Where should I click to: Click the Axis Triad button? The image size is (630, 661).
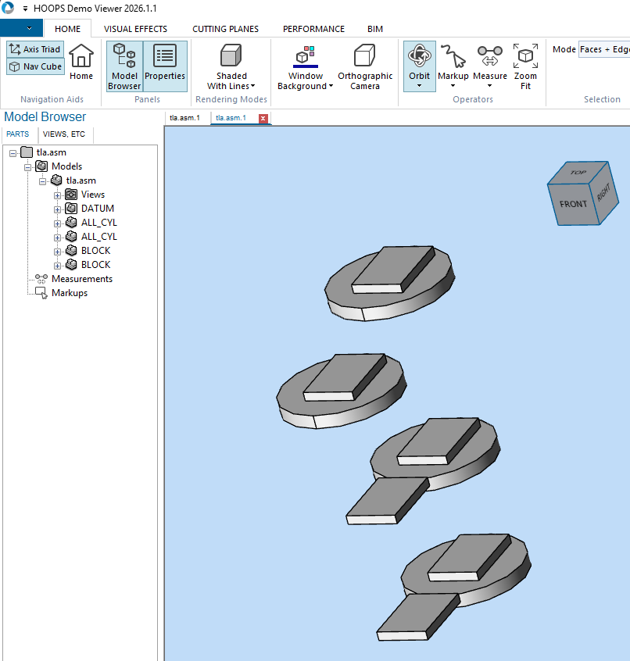pos(35,49)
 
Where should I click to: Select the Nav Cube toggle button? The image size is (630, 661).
pos(35,66)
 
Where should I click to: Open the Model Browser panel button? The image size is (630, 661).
pos(124,66)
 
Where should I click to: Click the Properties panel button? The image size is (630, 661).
pos(165,66)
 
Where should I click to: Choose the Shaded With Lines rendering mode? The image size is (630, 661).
pos(231,66)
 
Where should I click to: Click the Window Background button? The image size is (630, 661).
pos(305,66)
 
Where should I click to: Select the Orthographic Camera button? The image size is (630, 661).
pos(365,66)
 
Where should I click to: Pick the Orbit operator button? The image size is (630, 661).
pos(420,66)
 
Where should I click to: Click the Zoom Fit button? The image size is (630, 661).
pos(525,66)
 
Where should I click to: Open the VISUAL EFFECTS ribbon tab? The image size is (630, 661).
pos(135,29)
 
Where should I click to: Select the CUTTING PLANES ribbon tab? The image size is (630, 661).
pos(225,29)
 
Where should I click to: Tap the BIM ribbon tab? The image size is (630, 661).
pos(375,29)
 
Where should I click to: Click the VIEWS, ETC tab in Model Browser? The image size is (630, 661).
pos(64,134)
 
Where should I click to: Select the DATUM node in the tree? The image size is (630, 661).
pos(97,209)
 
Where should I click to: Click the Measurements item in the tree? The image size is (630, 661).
pos(81,279)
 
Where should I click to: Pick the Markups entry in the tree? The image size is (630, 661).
pos(69,293)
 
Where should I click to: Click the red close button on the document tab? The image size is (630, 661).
pos(263,119)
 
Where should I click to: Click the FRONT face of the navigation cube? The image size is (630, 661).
pos(573,203)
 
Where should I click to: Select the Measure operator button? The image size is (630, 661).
pos(490,66)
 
